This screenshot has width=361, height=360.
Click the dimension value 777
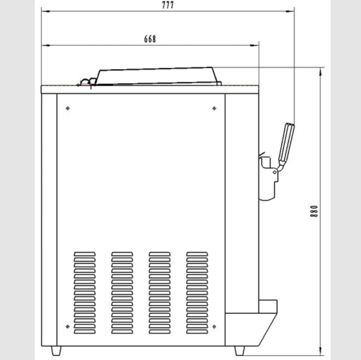(168, 5)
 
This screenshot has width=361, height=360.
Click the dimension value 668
(150, 39)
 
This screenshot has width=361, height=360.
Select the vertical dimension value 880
(314, 211)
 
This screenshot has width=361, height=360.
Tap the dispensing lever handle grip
(286, 142)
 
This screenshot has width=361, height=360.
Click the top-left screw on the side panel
(68, 108)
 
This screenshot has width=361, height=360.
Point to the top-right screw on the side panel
(214, 108)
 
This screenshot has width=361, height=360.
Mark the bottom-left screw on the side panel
(68, 326)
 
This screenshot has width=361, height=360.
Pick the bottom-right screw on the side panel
(214, 326)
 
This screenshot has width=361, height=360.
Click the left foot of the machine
(56, 350)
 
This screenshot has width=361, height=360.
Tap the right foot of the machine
(239, 350)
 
